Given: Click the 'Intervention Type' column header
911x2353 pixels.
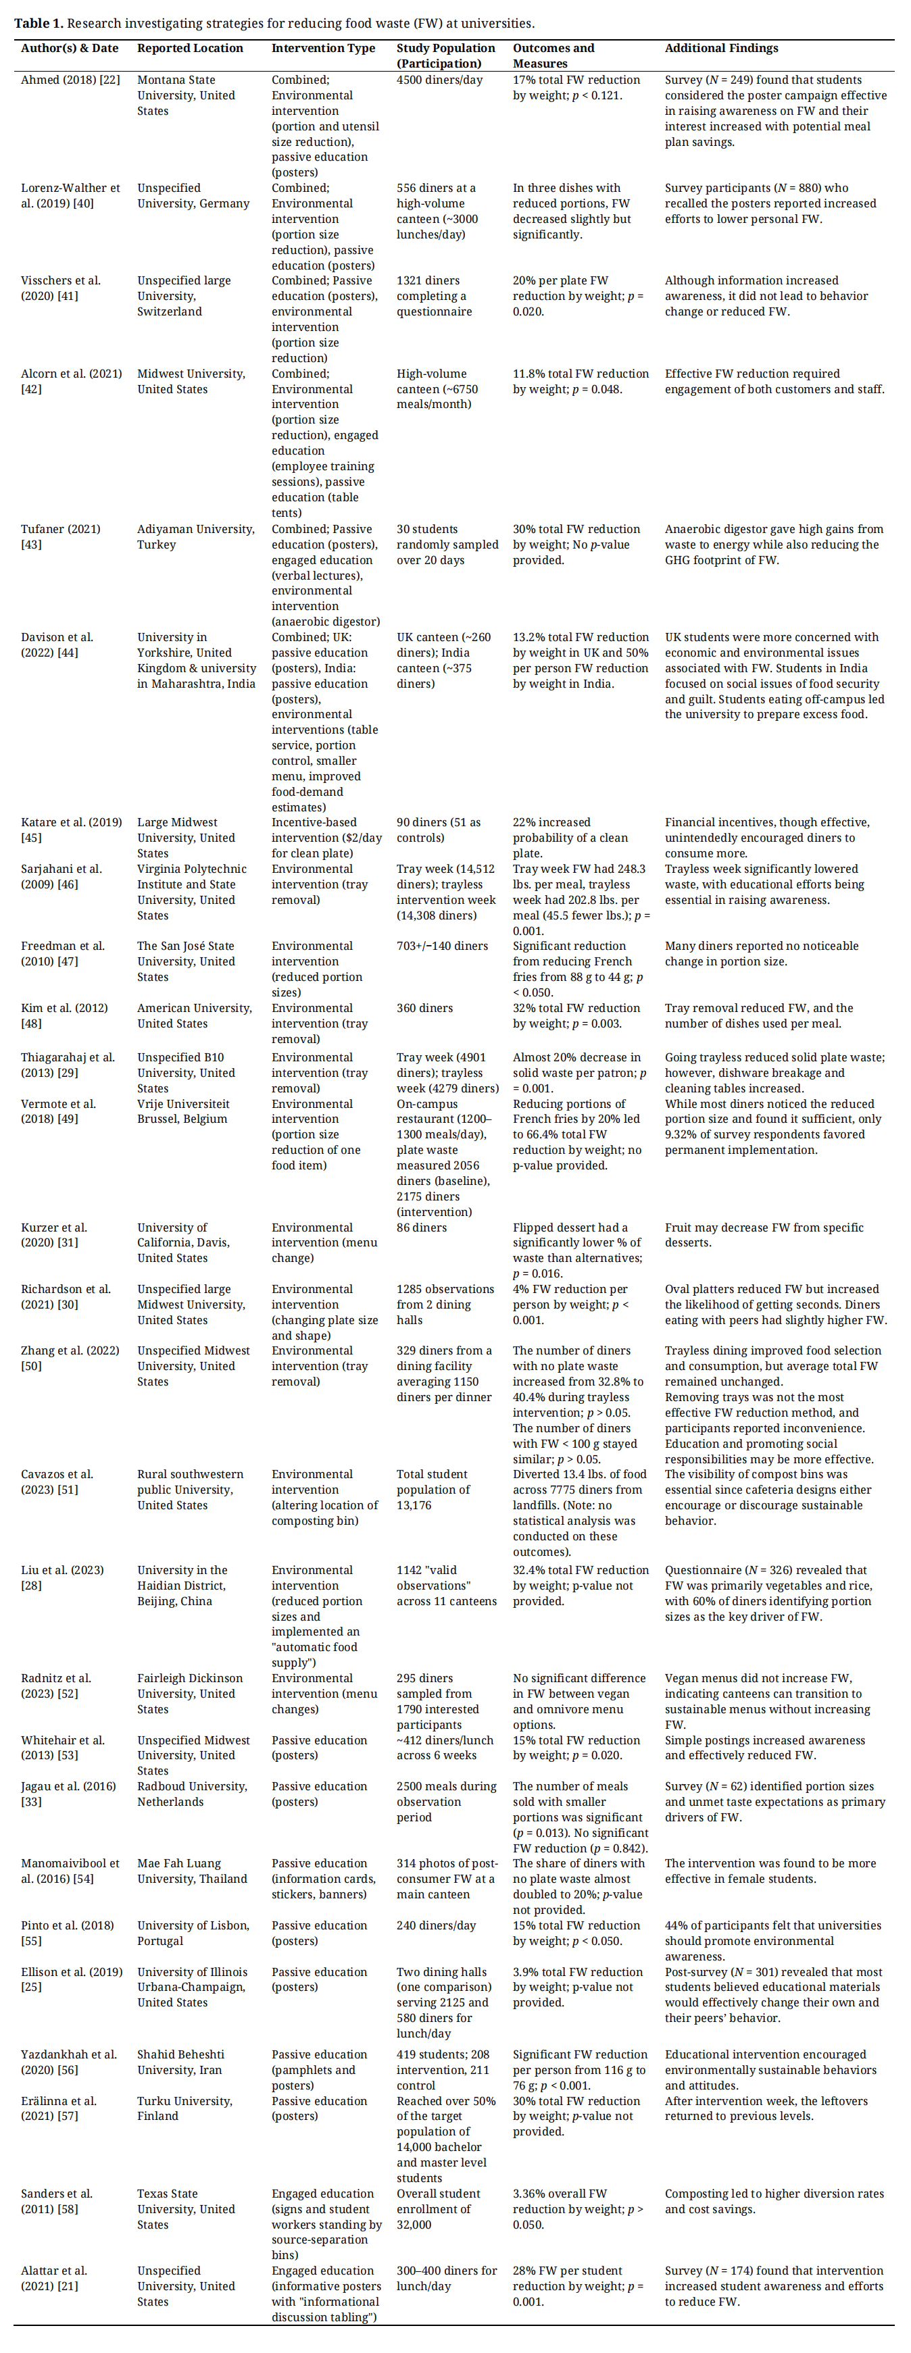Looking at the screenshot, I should (322, 49).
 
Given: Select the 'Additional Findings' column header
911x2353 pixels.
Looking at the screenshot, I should (721, 49).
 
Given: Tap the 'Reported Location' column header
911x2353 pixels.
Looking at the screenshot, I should (190, 49).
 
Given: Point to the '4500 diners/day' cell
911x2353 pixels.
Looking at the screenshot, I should (439, 80).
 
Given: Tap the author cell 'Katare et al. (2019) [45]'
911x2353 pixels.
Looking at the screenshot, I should (71, 830).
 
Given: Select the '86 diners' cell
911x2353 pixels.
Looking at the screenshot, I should (421, 1228).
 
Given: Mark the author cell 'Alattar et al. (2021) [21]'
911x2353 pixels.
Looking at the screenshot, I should (54, 2277).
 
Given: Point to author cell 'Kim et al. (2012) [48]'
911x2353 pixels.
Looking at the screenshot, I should (64, 1016).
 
